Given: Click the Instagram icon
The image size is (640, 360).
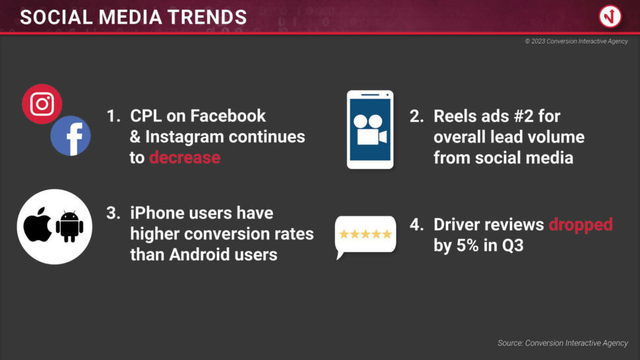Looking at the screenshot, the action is [42, 104].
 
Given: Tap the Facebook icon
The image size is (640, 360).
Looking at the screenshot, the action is [71, 136].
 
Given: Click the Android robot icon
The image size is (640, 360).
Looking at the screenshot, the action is [69, 226].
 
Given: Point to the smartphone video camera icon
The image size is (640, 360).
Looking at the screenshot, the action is [370, 130].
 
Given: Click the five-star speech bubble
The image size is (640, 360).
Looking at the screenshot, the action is [366, 237].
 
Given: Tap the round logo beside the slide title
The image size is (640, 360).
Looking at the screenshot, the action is [610, 16].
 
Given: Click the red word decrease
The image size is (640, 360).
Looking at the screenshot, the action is [185, 158].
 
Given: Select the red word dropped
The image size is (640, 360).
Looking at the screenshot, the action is [581, 225].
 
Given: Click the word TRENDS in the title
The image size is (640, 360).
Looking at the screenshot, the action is [207, 17].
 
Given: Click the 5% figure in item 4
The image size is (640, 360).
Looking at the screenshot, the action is [464, 245].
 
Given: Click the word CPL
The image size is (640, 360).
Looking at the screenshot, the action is [146, 116].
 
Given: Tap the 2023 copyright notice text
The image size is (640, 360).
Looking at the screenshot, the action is [576, 41].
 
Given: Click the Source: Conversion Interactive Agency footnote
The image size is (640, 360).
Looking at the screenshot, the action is [563, 343].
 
